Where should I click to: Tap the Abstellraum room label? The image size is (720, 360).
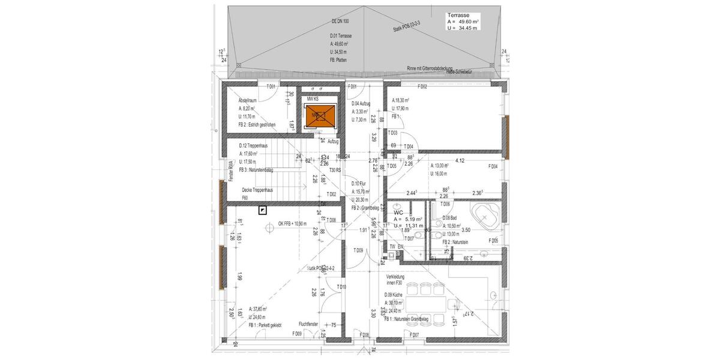[247, 100]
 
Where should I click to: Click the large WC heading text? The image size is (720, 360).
[398, 212]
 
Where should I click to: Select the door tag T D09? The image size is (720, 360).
[358, 250]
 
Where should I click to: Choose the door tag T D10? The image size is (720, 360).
[341, 287]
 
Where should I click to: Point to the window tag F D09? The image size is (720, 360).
[297, 334]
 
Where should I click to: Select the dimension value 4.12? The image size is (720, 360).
[461, 161]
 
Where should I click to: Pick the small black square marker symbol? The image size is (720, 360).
[262, 209]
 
